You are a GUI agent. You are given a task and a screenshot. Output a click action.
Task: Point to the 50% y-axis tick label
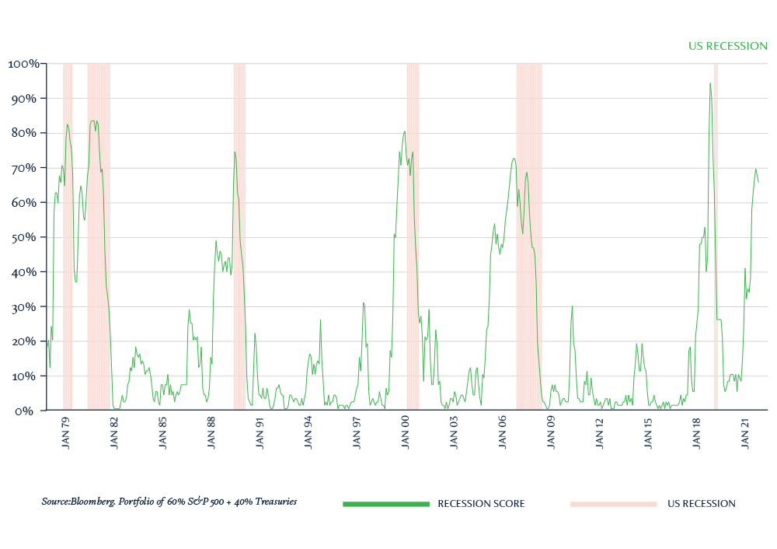click(26, 237)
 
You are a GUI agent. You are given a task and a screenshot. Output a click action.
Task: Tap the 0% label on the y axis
click(29, 411)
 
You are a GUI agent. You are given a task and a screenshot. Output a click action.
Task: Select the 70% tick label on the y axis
click(26, 168)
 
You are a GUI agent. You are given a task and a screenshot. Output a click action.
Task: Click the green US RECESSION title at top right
click(728, 46)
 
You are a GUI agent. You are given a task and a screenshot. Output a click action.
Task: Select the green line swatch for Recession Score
click(386, 504)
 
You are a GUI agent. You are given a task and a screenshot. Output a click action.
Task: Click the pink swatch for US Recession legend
click(613, 504)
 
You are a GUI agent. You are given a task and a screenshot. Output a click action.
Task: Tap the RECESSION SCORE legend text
click(481, 504)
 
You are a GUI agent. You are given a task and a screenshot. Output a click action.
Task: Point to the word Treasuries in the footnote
click(271, 502)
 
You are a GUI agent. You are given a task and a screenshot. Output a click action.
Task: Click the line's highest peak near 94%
click(710, 83)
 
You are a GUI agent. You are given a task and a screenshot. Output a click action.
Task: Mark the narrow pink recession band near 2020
click(716, 233)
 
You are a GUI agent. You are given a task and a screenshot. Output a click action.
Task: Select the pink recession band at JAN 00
click(413, 233)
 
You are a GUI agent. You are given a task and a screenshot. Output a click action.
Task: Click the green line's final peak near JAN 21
click(755, 169)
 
